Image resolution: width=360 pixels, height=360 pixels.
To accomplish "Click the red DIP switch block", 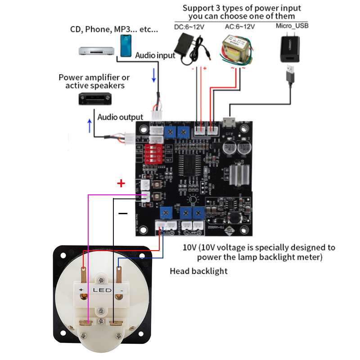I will click(153, 153).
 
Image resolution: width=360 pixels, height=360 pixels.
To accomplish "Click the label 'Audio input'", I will click(155, 55).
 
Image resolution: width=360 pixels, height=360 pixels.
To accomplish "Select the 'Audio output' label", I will click(120, 117).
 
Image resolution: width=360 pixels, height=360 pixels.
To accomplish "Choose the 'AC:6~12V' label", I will click(239, 27).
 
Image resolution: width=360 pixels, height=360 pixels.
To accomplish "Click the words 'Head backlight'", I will click(198, 271).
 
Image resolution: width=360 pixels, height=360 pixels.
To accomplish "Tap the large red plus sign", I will click(121, 183).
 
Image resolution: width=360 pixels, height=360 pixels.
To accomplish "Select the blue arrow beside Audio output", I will click(90, 126).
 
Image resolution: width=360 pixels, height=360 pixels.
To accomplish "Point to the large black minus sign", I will click(123, 213).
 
